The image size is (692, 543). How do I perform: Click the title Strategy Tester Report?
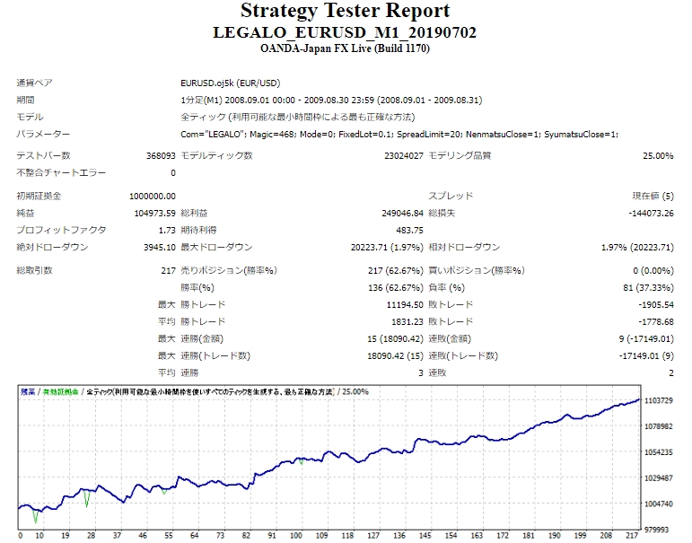click(x=345, y=12)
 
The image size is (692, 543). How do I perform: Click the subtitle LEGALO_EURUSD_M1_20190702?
click(x=345, y=32)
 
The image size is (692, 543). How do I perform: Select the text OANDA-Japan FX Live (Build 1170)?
click(x=345, y=48)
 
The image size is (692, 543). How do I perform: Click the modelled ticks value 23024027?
click(x=401, y=155)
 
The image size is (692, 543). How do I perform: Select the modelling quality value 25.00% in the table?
click(x=658, y=155)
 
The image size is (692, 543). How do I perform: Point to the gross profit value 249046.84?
click(x=401, y=213)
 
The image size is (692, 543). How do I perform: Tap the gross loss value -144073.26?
click(x=651, y=213)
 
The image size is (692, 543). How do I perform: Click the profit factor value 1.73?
click(x=167, y=230)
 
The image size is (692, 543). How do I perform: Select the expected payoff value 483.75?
click(x=409, y=230)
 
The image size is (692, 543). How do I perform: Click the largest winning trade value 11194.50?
click(x=403, y=304)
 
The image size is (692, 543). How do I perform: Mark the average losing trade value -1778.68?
click(x=653, y=321)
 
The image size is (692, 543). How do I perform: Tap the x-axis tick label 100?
click(x=296, y=536)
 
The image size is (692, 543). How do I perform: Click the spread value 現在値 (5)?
click(x=653, y=196)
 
